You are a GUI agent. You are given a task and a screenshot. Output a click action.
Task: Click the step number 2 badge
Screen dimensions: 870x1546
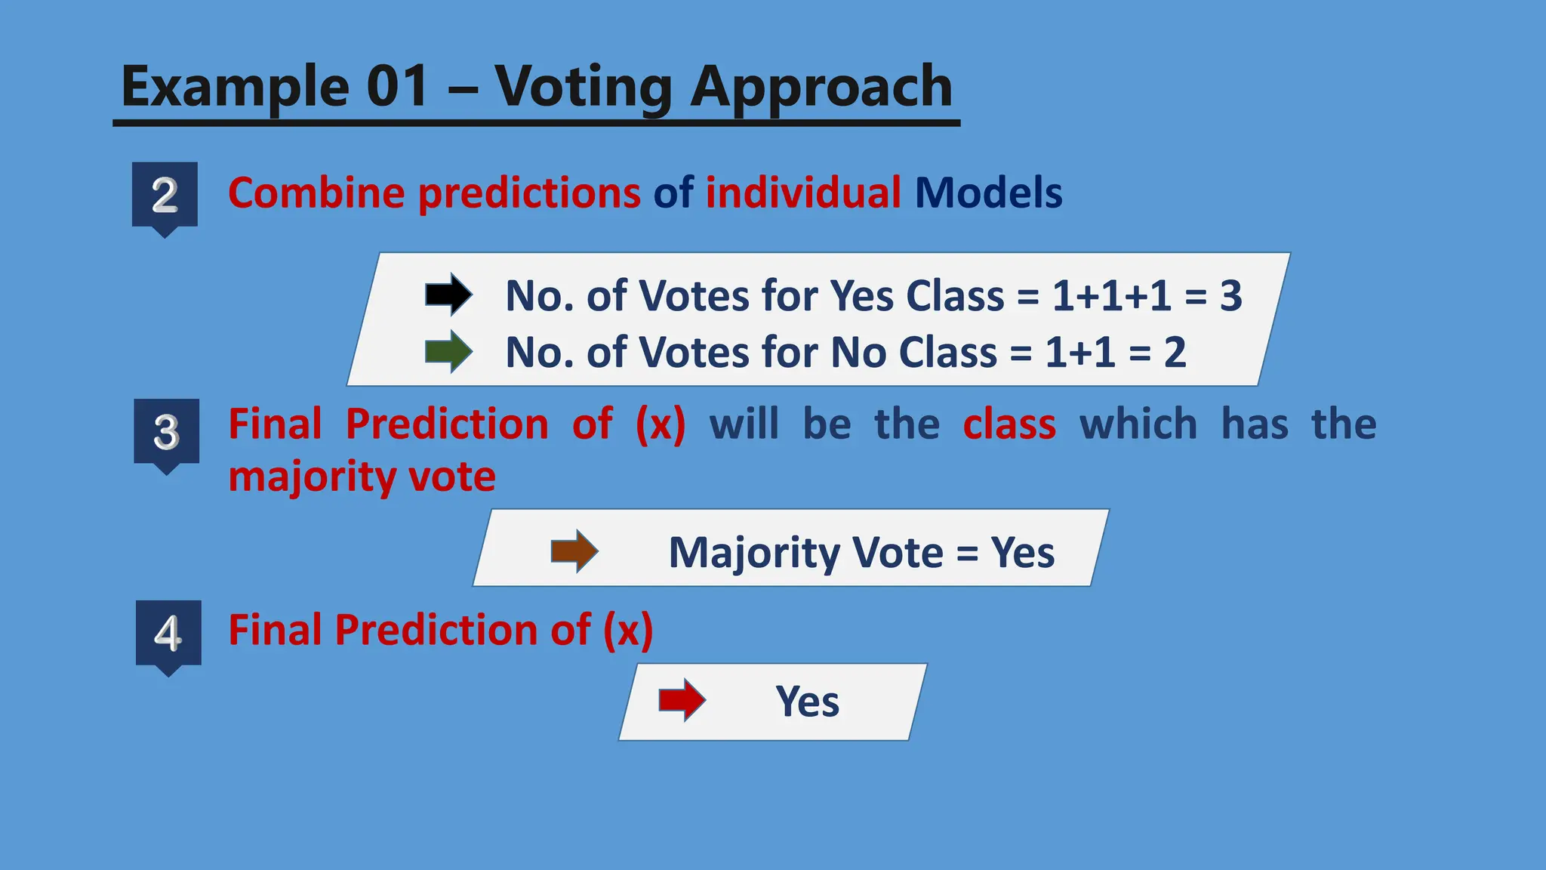click(x=165, y=196)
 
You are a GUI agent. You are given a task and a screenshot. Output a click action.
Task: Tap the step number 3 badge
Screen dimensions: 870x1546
click(x=167, y=432)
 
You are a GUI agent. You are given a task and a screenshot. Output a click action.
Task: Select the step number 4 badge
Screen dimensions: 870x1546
click(x=168, y=634)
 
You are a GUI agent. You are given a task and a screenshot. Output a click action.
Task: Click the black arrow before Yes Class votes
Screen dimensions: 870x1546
click(x=448, y=294)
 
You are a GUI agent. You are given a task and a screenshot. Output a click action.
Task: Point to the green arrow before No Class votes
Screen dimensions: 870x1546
click(x=448, y=351)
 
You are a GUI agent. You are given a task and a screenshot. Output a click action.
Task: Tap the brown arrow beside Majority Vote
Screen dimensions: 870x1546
click(x=574, y=551)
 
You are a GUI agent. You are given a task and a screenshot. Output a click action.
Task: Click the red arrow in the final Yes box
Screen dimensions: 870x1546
click(x=682, y=700)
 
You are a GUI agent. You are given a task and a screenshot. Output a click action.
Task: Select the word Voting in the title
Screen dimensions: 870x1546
click(x=583, y=88)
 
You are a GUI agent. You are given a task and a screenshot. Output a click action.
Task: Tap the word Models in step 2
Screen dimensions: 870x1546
click(x=988, y=193)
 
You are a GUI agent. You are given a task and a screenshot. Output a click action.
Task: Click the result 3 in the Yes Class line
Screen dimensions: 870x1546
click(x=1231, y=295)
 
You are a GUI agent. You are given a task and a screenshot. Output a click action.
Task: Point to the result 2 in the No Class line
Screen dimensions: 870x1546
click(x=1175, y=353)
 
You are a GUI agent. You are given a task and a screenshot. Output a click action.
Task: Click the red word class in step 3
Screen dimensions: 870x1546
click(x=1009, y=424)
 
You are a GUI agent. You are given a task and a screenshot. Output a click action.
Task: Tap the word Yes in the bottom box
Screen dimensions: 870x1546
click(x=807, y=702)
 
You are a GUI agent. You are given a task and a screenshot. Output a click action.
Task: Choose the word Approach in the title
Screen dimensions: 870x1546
click(x=821, y=88)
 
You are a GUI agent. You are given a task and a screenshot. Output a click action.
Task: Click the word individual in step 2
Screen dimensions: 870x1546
click(x=802, y=193)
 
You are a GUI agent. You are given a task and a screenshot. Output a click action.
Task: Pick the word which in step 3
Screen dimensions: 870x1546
click(x=1138, y=424)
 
